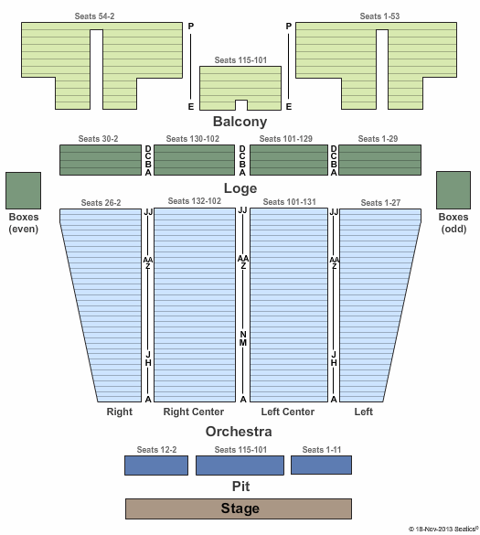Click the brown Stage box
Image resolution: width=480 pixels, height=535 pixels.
[239, 508]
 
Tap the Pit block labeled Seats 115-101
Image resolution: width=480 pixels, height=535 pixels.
[240, 465]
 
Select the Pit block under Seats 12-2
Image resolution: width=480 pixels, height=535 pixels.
[156, 465]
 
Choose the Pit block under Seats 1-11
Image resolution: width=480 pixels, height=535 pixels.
[321, 465]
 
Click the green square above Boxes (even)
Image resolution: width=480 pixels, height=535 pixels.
[23, 190]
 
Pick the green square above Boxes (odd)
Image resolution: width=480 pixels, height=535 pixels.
[453, 190]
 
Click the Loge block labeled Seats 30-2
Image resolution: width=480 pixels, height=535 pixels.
[101, 160]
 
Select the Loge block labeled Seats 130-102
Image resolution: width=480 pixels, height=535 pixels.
[195, 160]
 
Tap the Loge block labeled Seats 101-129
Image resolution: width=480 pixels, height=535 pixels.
[289, 160]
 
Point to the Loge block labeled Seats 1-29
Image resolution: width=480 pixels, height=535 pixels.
[380, 160]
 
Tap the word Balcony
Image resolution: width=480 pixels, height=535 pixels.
[240, 122]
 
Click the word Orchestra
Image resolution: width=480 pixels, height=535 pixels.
[239, 432]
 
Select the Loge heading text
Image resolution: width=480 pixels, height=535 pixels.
[240, 188]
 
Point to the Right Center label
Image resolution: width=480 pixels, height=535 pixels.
[194, 412]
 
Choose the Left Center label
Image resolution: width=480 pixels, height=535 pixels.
[288, 412]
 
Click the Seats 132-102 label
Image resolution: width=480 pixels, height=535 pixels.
[195, 201]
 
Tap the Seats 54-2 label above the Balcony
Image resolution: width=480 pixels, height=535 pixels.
[94, 16]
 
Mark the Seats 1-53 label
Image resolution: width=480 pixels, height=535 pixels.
[379, 16]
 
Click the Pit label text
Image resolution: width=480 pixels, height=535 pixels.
[240, 487]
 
